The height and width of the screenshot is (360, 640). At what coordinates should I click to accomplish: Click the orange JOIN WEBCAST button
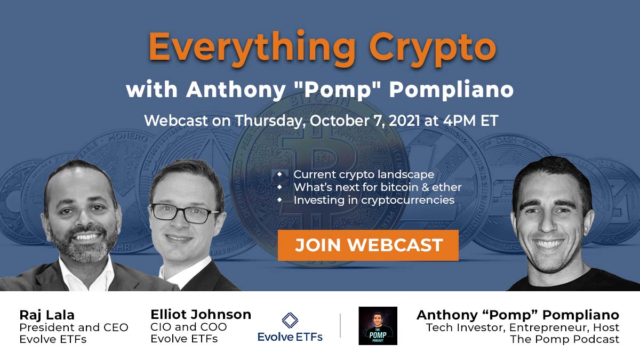pos(368,245)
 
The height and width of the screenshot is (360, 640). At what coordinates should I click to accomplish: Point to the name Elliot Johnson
pos(201,314)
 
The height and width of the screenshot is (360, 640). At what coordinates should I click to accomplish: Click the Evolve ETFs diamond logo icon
pos(290,320)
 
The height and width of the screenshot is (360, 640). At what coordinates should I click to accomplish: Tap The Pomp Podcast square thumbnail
pos(378,325)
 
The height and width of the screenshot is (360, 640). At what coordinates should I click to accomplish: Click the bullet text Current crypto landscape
pos(364,174)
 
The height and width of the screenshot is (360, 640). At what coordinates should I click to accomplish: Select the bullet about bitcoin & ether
pos(377,187)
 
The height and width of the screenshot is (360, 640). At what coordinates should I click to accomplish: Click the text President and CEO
pos(74,327)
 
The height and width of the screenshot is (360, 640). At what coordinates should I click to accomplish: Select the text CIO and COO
pos(188,327)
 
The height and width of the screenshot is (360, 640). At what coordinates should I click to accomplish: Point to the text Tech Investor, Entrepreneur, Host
pos(523,327)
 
